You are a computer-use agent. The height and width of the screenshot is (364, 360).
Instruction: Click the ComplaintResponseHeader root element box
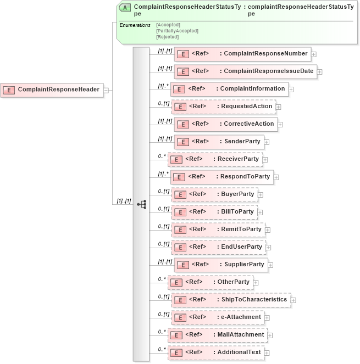52,89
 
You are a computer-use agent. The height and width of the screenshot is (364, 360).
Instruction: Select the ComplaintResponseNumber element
242,53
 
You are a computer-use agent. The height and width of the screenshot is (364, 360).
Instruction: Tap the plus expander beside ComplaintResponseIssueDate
319,71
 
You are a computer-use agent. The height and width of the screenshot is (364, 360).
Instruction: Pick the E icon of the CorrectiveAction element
182,124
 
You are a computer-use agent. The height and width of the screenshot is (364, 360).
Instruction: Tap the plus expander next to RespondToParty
276,177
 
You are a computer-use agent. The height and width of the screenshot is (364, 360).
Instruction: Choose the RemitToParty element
218,229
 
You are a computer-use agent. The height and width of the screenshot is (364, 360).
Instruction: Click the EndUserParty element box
218,247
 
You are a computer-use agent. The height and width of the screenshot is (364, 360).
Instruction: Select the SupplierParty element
220,265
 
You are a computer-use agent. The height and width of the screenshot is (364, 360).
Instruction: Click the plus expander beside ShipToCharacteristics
293,300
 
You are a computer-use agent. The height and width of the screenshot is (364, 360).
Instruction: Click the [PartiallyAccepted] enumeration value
177,31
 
